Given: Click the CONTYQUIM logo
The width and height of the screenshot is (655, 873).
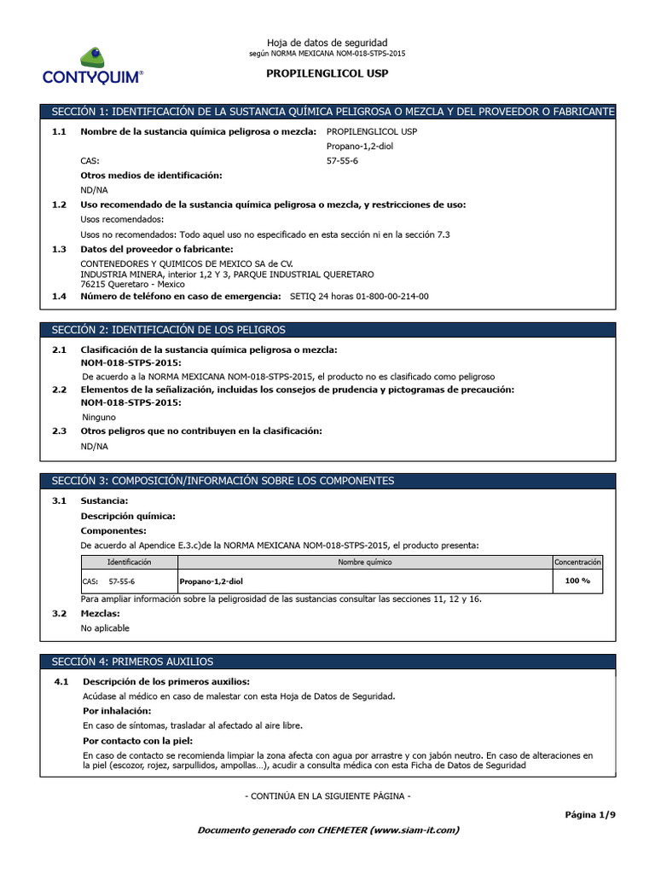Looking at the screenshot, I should pyautogui.click(x=93, y=66).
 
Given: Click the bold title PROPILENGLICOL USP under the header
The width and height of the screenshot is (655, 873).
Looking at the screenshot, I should pyautogui.click(x=327, y=73).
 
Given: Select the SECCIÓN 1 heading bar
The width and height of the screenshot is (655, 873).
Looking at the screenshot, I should pyautogui.click(x=327, y=112).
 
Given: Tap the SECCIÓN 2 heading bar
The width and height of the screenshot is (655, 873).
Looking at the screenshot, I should pyautogui.click(x=327, y=329).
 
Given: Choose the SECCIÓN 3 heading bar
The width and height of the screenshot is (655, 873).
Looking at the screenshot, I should pyautogui.click(x=327, y=481).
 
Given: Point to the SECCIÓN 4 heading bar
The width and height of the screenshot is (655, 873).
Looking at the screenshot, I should pyautogui.click(x=327, y=662).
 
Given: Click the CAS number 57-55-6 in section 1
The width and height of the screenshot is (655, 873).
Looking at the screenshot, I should pyautogui.click(x=342, y=160).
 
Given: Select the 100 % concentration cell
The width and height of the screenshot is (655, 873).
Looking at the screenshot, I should pyautogui.click(x=577, y=581).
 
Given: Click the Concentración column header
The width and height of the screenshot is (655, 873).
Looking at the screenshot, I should pyautogui.click(x=577, y=562).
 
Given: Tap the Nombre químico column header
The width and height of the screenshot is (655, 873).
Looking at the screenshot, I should pyautogui.click(x=365, y=562).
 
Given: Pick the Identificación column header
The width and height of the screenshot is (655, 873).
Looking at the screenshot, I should pyautogui.click(x=129, y=562).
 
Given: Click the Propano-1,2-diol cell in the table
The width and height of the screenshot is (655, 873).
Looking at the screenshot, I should pyautogui.click(x=216, y=581).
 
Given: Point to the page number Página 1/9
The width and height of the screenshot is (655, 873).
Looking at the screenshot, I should pyautogui.click(x=590, y=814).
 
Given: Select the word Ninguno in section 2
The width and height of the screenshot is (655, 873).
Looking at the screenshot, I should pyautogui.click(x=100, y=418).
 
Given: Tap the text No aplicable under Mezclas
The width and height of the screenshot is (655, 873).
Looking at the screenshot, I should pyautogui.click(x=105, y=627).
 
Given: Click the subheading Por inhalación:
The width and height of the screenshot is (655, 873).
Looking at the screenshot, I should pyautogui.click(x=117, y=710).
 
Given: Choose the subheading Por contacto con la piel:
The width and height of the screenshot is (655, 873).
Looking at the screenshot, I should pyautogui.click(x=137, y=740).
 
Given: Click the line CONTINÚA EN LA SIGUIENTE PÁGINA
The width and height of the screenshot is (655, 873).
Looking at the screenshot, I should pyautogui.click(x=327, y=795).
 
